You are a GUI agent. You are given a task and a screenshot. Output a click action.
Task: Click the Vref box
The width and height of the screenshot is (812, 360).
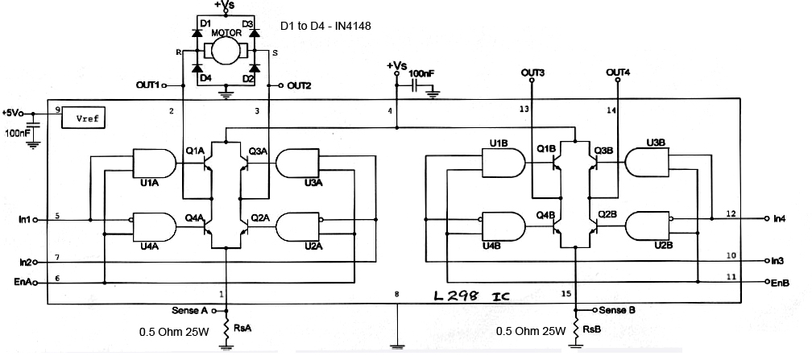pyautogui.click(x=83, y=118)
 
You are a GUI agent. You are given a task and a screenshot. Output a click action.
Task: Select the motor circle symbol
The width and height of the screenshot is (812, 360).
pyautogui.click(x=226, y=51)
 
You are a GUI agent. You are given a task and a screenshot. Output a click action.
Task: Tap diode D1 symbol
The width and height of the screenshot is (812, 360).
pyautogui.click(x=197, y=33)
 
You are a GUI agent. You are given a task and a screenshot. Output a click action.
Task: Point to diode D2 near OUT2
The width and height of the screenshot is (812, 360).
pyautogui.click(x=255, y=68)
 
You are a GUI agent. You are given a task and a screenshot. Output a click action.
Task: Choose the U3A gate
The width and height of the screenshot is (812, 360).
pyautogui.click(x=297, y=163)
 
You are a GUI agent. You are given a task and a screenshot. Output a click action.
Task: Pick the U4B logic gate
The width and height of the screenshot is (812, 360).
pyautogui.click(x=503, y=226)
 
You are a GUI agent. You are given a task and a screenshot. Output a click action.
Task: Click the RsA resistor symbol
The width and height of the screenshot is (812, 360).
pyautogui.click(x=226, y=329)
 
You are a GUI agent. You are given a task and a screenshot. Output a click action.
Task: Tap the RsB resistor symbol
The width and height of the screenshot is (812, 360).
pyautogui.click(x=577, y=329)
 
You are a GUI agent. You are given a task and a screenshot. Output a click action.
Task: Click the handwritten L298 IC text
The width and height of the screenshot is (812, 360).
pyautogui.click(x=472, y=296)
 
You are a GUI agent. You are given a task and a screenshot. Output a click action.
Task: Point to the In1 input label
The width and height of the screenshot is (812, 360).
pyautogui.click(x=25, y=220)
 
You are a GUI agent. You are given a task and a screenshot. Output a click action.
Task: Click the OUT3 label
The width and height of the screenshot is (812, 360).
pyautogui.click(x=532, y=73)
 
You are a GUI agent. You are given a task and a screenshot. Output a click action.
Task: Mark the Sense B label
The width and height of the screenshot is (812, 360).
pyautogui.click(x=617, y=310)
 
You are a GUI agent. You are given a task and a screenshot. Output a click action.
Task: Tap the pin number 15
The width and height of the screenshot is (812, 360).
pyautogui.click(x=566, y=294)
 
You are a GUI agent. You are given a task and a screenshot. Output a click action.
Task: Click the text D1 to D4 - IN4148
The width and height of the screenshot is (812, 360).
pyautogui.click(x=325, y=26)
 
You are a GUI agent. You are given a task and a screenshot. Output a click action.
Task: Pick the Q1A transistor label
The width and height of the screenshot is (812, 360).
pyautogui.click(x=195, y=151)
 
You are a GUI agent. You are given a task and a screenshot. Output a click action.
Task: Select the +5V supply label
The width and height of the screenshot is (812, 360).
pyautogui.click(x=11, y=113)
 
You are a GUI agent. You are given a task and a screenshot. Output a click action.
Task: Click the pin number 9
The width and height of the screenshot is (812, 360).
pyautogui.click(x=57, y=110)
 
